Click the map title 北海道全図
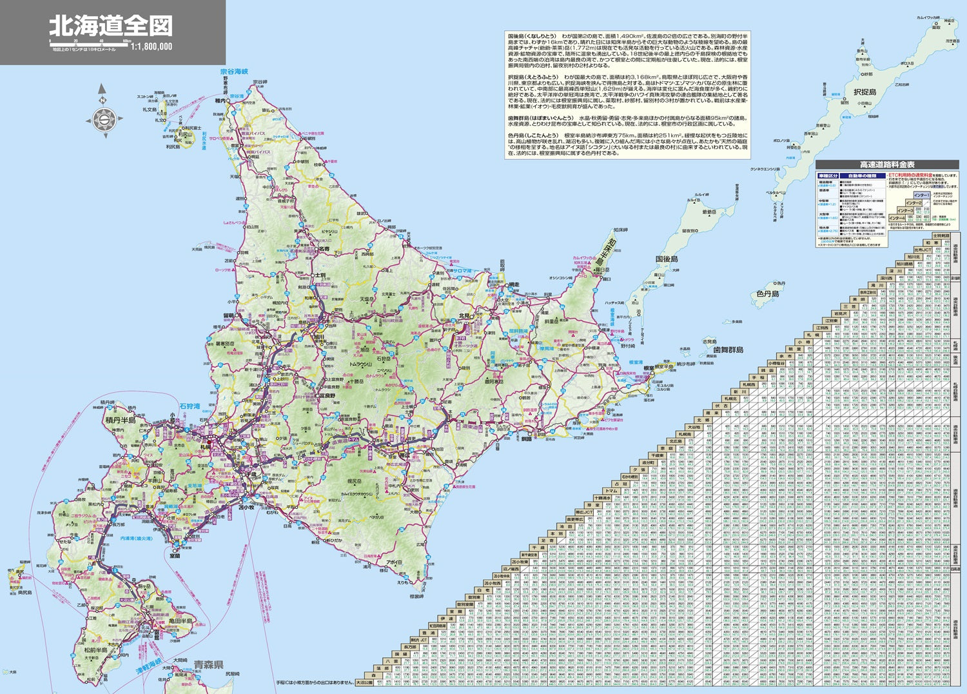(111, 26)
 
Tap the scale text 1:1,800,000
(151, 46)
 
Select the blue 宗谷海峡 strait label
(234, 72)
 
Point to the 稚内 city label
(220, 101)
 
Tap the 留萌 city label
(229, 315)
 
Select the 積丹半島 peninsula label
(121, 421)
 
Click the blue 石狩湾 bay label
(190, 406)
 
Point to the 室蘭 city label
(175, 555)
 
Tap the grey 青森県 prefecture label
(208, 664)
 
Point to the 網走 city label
(513, 284)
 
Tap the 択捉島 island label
(864, 92)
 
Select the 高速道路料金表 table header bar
(886, 165)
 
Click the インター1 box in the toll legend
(921, 195)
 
